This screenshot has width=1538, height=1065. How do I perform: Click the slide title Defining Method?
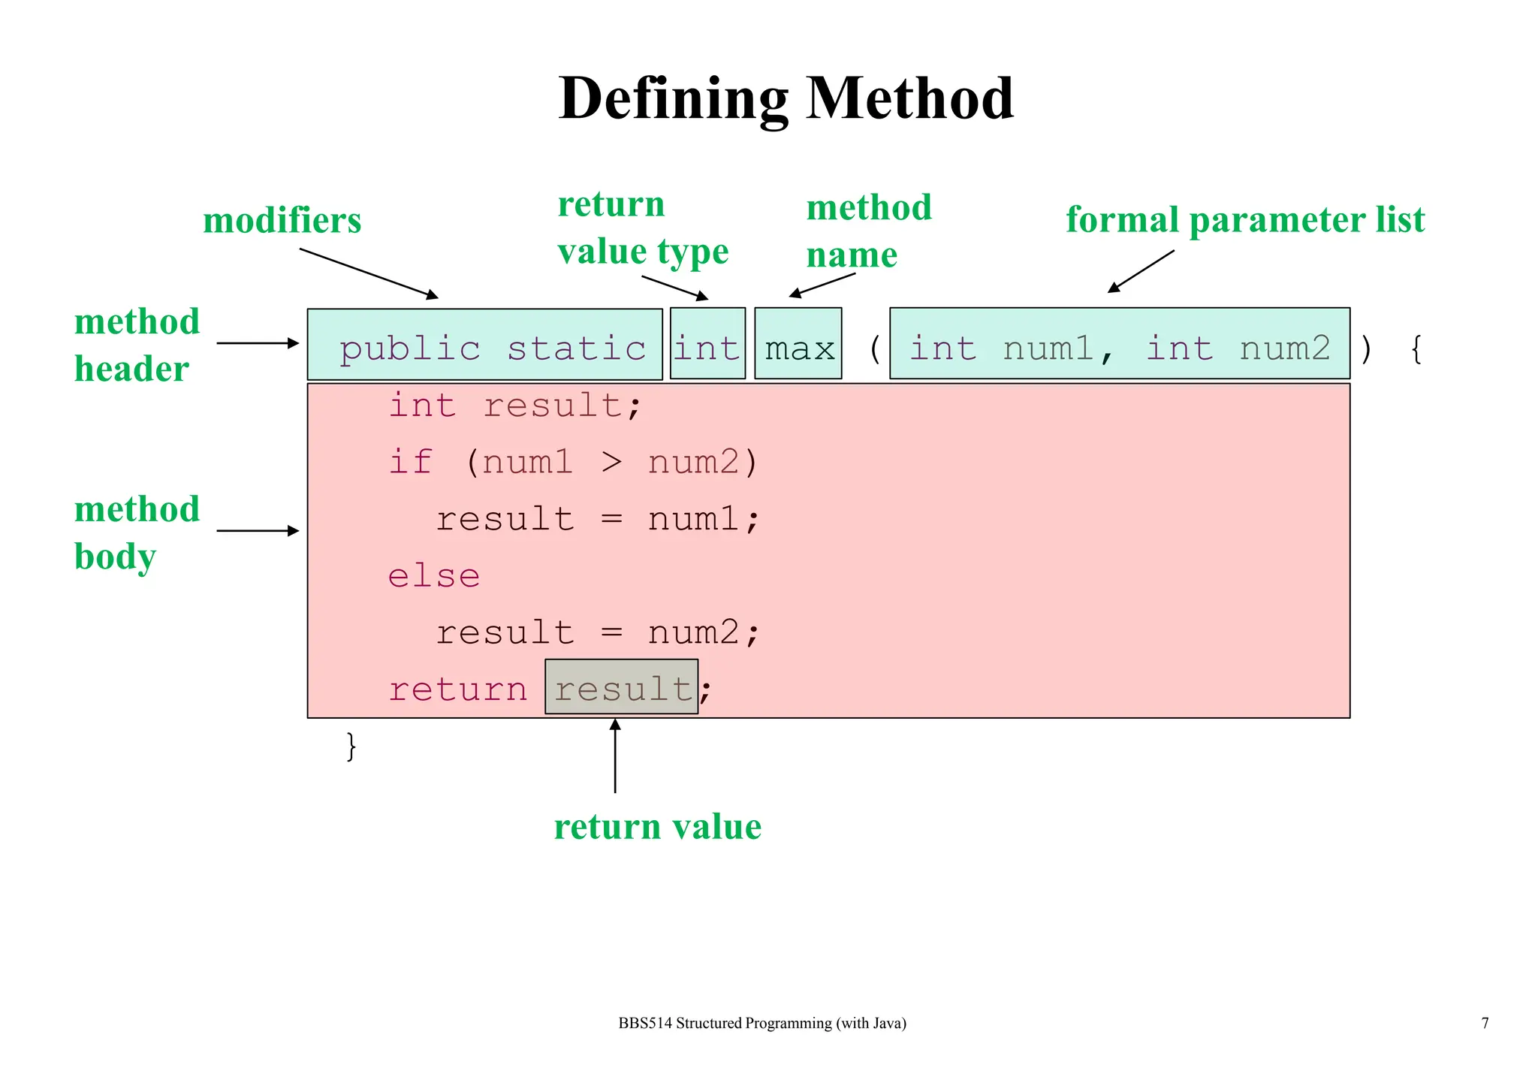click(x=786, y=98)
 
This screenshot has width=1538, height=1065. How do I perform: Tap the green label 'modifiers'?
click(x=282, y=221)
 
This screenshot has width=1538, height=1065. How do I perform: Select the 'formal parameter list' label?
click(x=1245, y=220)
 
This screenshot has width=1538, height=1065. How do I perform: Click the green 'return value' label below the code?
click(x=658, y=827)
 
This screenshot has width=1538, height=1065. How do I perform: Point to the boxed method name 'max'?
click(x=798, y=348)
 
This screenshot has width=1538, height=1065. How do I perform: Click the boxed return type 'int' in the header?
click(x=707, y=348)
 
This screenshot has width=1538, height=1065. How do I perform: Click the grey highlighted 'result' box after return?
click(x=622, y=688)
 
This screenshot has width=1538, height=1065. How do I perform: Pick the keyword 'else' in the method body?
click(x=433, y=576)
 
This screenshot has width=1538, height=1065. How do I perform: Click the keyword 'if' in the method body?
click(x=411, y=462)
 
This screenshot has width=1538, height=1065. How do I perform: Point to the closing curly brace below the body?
click(x=351, y=746)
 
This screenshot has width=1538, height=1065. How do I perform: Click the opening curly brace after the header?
click(x=1416, y=349)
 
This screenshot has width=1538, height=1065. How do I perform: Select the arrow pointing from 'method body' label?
click(x=258, y=531)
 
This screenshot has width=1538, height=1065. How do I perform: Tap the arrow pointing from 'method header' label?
click(x=258, y=343)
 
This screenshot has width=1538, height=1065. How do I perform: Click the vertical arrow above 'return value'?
click(x=615, y=755)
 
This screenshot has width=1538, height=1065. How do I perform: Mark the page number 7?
click(x=1485, y=1023)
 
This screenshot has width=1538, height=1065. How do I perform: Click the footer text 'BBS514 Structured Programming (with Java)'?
click(x=762, y=1023)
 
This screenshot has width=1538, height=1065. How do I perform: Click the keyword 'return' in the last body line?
click(x=458, y=689)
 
